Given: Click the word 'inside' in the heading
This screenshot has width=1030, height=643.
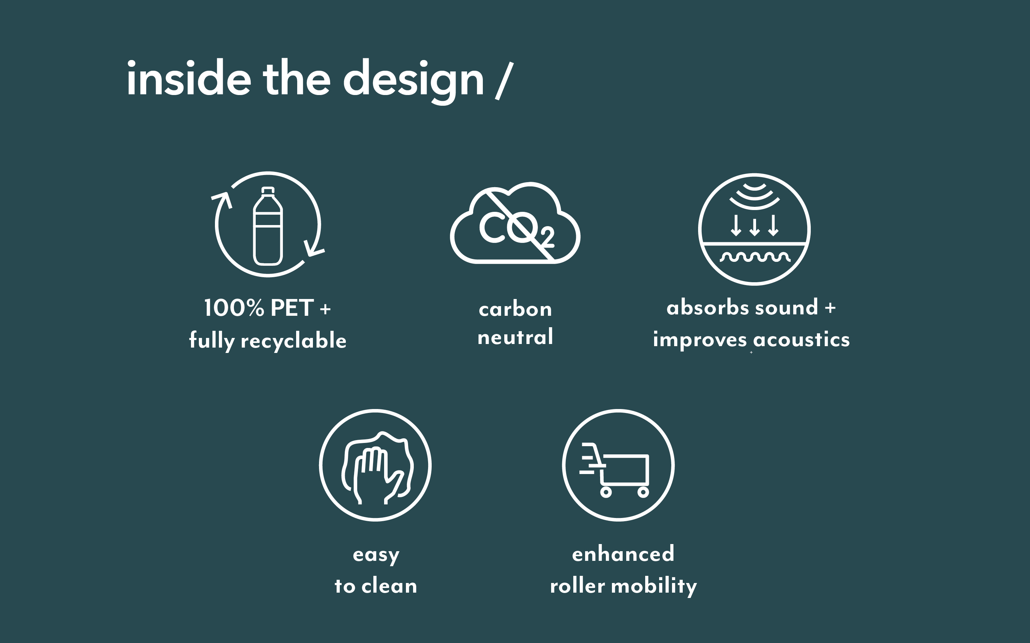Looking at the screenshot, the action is pyautogui.click(x=189, y=78).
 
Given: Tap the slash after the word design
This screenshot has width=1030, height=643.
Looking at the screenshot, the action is pyautogui.click(x=504, y=81).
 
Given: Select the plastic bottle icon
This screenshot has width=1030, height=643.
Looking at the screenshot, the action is pyautogui.click(x=268, y=226).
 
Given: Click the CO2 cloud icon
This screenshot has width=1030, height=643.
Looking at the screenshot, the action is pyautogui.click(x=515, y=223).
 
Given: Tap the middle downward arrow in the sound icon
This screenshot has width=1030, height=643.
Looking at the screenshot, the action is pyautogui.click(x=755, y=226).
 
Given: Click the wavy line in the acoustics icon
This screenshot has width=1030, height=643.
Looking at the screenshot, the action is pyautogui.click(x=755, y=256).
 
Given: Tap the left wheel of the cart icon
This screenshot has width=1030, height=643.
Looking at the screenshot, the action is pyautogui.click(x=605, y=492).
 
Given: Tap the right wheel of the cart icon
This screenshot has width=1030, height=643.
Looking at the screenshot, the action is pyautogui.click(x=643, y=492).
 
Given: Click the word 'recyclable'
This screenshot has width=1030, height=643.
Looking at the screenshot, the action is pyautogui.click(x=294, y=341).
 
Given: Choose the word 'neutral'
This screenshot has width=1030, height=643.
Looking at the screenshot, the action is pyautogui.click(x=515, y=337).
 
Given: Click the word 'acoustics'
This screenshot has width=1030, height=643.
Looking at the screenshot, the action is pyautogui.click(x=801, y=340).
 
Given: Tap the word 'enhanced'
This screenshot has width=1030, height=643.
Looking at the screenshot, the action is pyautogui.click(x=623, y=553).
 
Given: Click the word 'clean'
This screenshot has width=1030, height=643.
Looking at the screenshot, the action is pyautogui.click(x=389, y=585).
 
